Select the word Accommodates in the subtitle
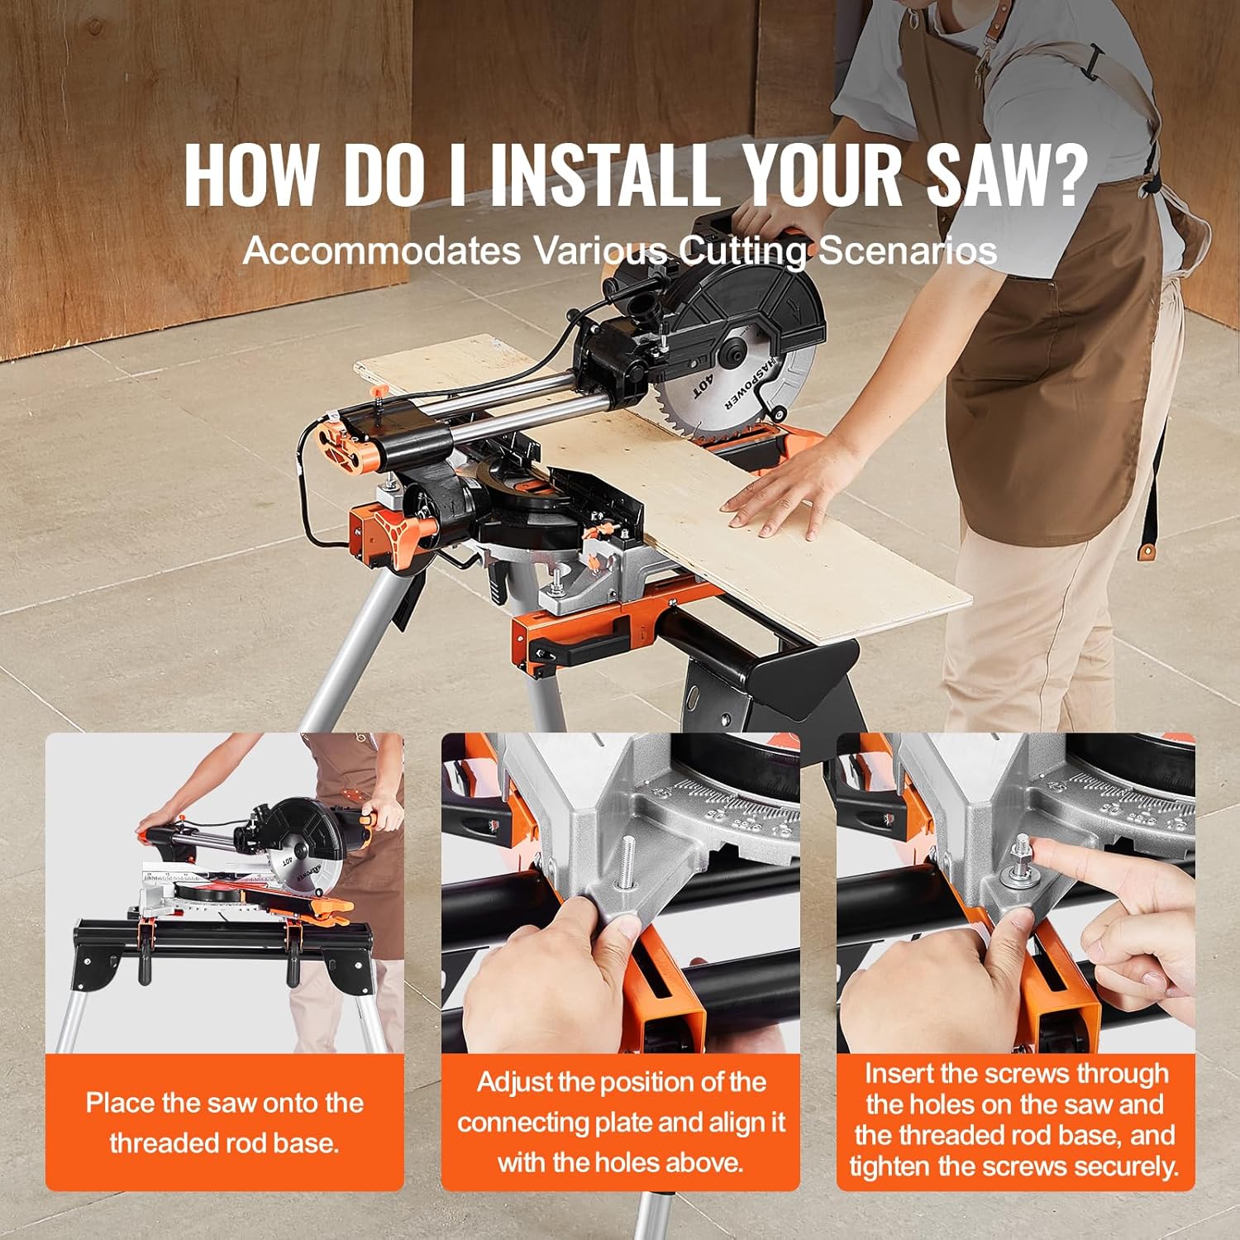tap(381, 250)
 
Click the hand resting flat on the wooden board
tap(777, 496)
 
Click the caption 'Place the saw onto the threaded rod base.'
tap(224, 1123)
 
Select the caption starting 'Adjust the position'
tap(621, 1122)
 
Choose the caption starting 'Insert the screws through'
tap(1014, 1120)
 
